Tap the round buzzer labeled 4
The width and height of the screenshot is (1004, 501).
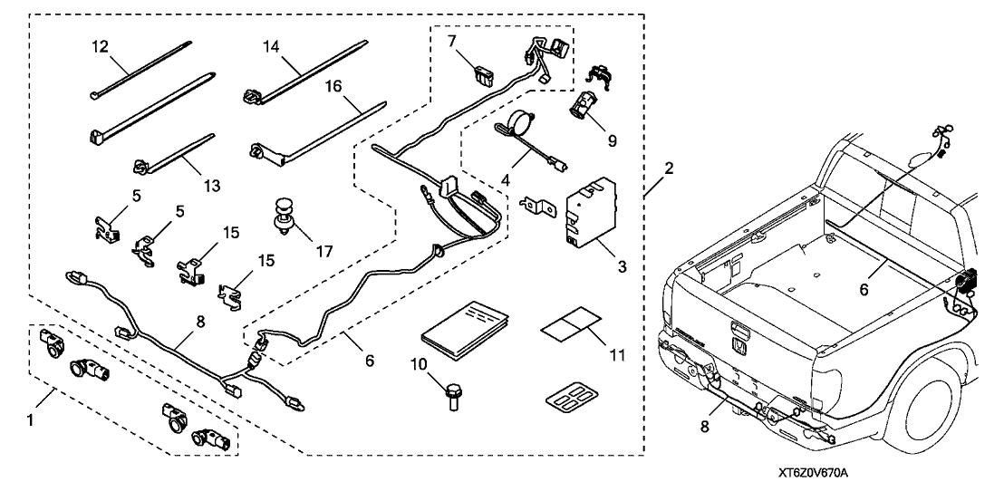[518, 124]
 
